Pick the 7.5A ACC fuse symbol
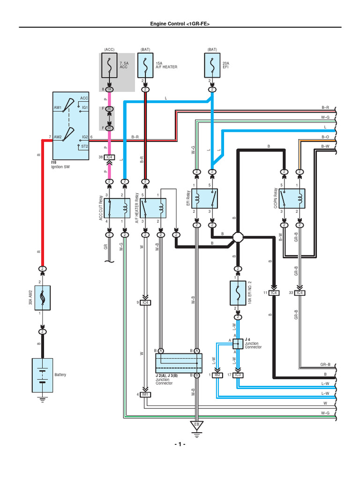tap(109, 66)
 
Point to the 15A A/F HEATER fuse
tap(145, 66)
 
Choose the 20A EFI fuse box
tap(212, 66)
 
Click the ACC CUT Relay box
tap(117, 207)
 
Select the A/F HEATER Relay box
tap(153, 207)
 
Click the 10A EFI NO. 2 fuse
tap(238, 293)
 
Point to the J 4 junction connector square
tap(238, 344)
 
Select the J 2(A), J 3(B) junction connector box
tap(179, 363)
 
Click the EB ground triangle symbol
tap(196, 425)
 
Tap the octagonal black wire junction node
tap(238, 238)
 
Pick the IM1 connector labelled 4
tap(145, 394)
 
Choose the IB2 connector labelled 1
tap(217, 375)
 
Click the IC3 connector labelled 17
tap(238, 375)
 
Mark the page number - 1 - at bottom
tap(180, 444)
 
